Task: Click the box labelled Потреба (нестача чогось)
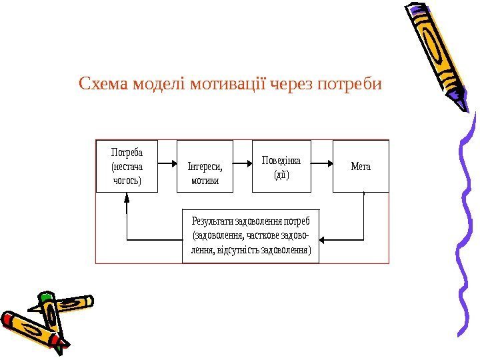[127, 166]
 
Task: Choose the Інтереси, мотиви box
[205, 166]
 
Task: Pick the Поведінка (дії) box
[281, 166]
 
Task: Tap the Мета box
[361, 166]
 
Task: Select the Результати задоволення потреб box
[250, 236]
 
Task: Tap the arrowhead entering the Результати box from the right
[324, 239]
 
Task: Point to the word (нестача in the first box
[127, 166]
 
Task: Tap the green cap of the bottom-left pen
[46, 297]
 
